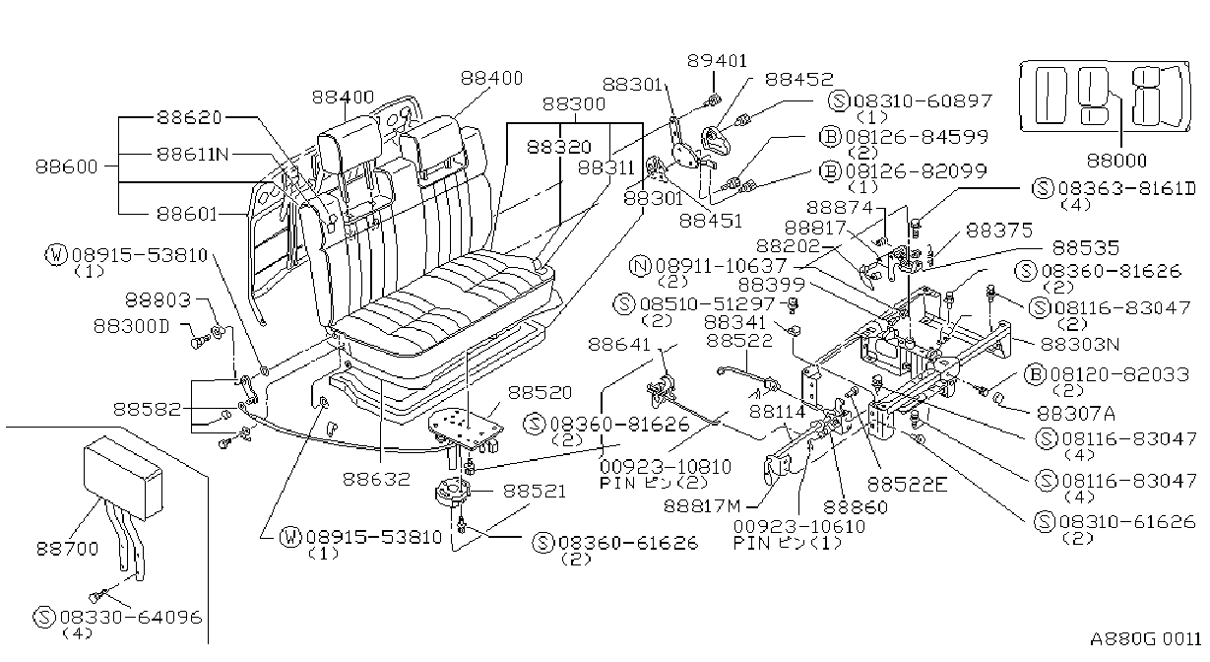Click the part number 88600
[66, 166]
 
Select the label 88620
[189, 117]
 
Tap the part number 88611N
[193, 155]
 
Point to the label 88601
[187, 215]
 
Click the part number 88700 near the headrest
[68, 549]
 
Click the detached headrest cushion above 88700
[123, 477]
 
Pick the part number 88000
[1116, 161]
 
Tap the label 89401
[718, 61]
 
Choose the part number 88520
[541, 393]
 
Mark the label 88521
[535, 492]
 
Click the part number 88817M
[702, 506]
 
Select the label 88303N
[1080, 344]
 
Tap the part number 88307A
[1076, 414]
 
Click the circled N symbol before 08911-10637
[641, 266]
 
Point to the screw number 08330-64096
[131, 617]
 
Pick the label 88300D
[132, 326]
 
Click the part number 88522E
[908, 486]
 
